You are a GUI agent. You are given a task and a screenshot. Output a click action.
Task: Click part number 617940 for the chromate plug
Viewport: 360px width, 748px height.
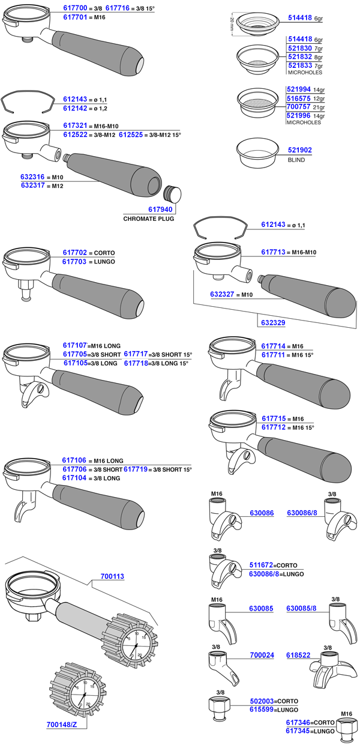point(160,210)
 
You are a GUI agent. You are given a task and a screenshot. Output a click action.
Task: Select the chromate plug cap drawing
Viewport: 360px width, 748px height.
point(172,194)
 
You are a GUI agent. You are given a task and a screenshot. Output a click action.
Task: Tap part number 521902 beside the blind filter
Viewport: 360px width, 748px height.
point(299,150)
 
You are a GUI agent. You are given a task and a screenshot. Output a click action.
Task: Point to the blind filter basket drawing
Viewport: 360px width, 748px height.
point(257,152)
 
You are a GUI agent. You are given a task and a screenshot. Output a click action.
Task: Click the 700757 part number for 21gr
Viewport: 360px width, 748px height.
point(299,106)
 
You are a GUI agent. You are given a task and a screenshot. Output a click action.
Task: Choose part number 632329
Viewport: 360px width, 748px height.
point(273,322)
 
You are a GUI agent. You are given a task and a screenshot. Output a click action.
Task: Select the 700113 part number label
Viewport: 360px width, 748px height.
point(112,576)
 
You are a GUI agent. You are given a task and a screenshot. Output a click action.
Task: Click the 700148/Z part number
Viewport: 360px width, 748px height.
point(61,725)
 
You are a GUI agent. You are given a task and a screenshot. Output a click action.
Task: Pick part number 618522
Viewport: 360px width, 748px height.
point(298,655)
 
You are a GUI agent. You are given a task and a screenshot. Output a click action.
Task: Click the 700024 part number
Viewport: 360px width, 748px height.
point(262,655)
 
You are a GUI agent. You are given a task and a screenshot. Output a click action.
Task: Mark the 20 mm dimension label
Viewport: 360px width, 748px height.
point(231,23)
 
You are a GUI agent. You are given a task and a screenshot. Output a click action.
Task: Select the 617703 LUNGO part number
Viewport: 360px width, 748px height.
point(74,262)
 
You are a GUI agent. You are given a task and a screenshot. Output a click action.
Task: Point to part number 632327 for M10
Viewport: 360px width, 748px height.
point(222,295)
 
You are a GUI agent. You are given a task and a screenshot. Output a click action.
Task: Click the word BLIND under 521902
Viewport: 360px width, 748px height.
point(296,160)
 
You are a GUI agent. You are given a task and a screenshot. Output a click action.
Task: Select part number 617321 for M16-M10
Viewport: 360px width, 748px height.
point(75,125)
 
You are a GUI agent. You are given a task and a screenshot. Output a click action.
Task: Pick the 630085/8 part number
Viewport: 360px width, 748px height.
point(301,608)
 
